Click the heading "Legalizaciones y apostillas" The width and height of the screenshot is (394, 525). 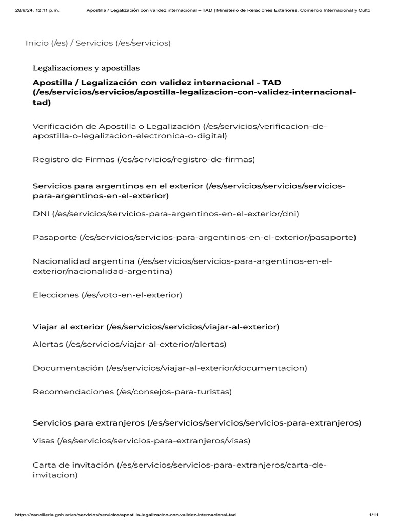click(x=86, y=68)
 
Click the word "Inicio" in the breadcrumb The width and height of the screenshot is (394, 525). click(x=37, y=43)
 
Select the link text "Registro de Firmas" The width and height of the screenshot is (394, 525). click(x=74, y=159)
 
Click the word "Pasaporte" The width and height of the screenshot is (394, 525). click(x=54, y=237)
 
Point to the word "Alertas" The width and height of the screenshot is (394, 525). click(x=48, y=344)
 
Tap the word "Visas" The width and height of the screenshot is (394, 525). click(x=44, y=440)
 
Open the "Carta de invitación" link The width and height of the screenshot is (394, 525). click(x=73, y=465)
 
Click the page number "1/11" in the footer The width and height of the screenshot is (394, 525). click(x=373, y=514)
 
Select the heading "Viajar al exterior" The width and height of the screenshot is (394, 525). click(x=68, y=327)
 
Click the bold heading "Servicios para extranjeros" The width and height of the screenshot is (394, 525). click(x=89, y=423)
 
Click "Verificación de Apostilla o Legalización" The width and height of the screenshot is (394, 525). click(x=116, y=126)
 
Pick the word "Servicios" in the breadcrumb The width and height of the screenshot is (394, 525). click(x=95, y=43)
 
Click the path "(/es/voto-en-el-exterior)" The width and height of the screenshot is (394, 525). click(x=132, y=295)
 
